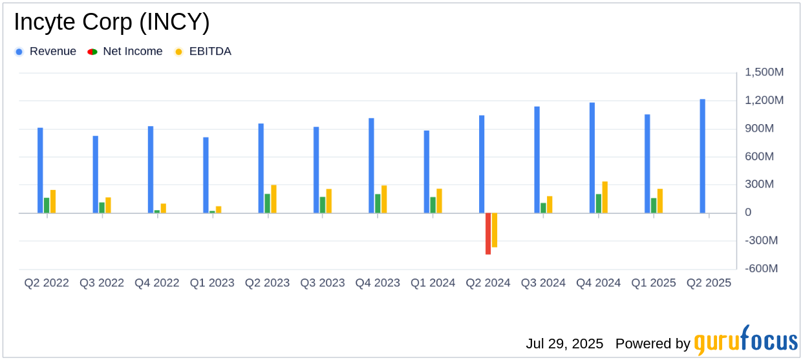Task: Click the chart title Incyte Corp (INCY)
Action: [111, 23]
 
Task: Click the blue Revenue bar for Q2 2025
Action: [702, 156]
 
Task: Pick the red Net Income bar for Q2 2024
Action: [488, 233]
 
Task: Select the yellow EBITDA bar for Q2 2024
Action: [495, 229]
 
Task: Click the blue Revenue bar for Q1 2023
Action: [206, 175]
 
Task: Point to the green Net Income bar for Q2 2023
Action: [267, 203]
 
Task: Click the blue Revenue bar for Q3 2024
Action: [537, 160]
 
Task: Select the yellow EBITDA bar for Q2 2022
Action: [53, 201]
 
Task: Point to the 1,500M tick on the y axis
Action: [764, 72]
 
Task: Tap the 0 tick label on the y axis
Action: [748, 213]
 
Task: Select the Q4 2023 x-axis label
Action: [378, 283]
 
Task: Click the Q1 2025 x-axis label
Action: [654, 283]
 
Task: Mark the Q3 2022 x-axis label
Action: [102, 283]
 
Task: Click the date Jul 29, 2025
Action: [564, 343]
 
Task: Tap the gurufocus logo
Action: [745, 341]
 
